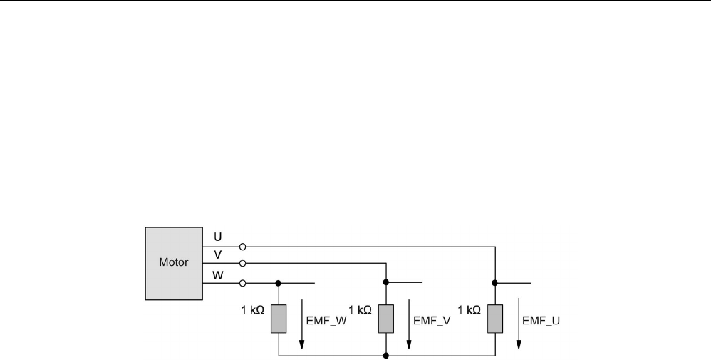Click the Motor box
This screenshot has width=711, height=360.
[x=173, y=262]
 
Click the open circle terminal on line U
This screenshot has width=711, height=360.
[x=244, y=247]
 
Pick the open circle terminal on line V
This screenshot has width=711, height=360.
[x=244, y=264]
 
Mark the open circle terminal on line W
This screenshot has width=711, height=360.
[x=244, y=282]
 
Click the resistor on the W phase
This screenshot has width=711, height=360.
[x=279, y=318]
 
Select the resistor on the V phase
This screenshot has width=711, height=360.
[x=385, y=318]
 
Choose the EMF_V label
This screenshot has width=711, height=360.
[x=433, y=321]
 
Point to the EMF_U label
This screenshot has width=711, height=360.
[x=541, y=321]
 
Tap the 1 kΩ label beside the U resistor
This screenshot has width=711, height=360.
[x=469, y=310]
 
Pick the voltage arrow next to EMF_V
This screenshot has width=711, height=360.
[x=409, y=321]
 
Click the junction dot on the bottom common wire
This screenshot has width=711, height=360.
[x=385, y=354]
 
